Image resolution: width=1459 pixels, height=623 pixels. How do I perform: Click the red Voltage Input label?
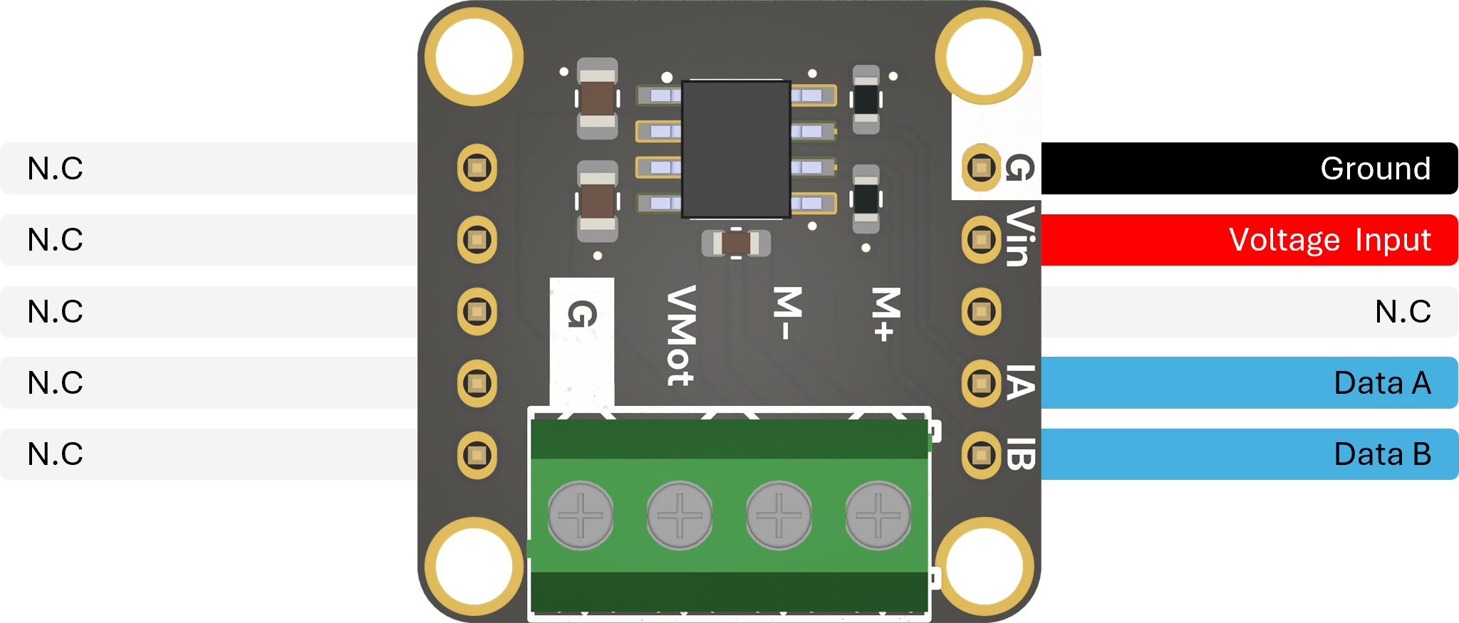1329,240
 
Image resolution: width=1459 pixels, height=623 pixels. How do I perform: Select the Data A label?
1381,383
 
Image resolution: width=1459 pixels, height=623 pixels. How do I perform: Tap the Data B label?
1381,454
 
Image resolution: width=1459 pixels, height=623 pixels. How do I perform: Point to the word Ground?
1375,169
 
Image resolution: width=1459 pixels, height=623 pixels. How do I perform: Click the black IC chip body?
736,150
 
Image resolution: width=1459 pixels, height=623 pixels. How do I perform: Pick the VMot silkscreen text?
680,335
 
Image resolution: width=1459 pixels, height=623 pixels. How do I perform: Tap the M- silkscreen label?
787,313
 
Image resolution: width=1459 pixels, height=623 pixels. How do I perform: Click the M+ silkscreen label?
886,313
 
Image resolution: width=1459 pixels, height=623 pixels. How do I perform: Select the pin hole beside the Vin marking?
981,240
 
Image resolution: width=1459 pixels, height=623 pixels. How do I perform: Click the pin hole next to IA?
981,383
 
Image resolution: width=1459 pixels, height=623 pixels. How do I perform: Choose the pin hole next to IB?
981,454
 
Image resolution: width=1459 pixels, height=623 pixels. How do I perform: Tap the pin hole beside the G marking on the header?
981,168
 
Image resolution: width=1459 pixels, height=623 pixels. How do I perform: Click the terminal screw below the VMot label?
680,515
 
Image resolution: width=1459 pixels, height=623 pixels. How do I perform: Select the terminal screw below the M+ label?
878,515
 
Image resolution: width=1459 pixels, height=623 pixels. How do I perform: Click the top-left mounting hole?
474,57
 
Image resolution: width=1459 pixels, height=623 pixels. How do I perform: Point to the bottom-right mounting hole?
984,567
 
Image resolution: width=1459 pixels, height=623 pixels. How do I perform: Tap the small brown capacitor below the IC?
736,244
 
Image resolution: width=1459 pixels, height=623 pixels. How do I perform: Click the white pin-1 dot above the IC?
667,77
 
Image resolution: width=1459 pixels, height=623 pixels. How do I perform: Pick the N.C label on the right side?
1402,312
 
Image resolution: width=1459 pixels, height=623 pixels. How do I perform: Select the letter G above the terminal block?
582,314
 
